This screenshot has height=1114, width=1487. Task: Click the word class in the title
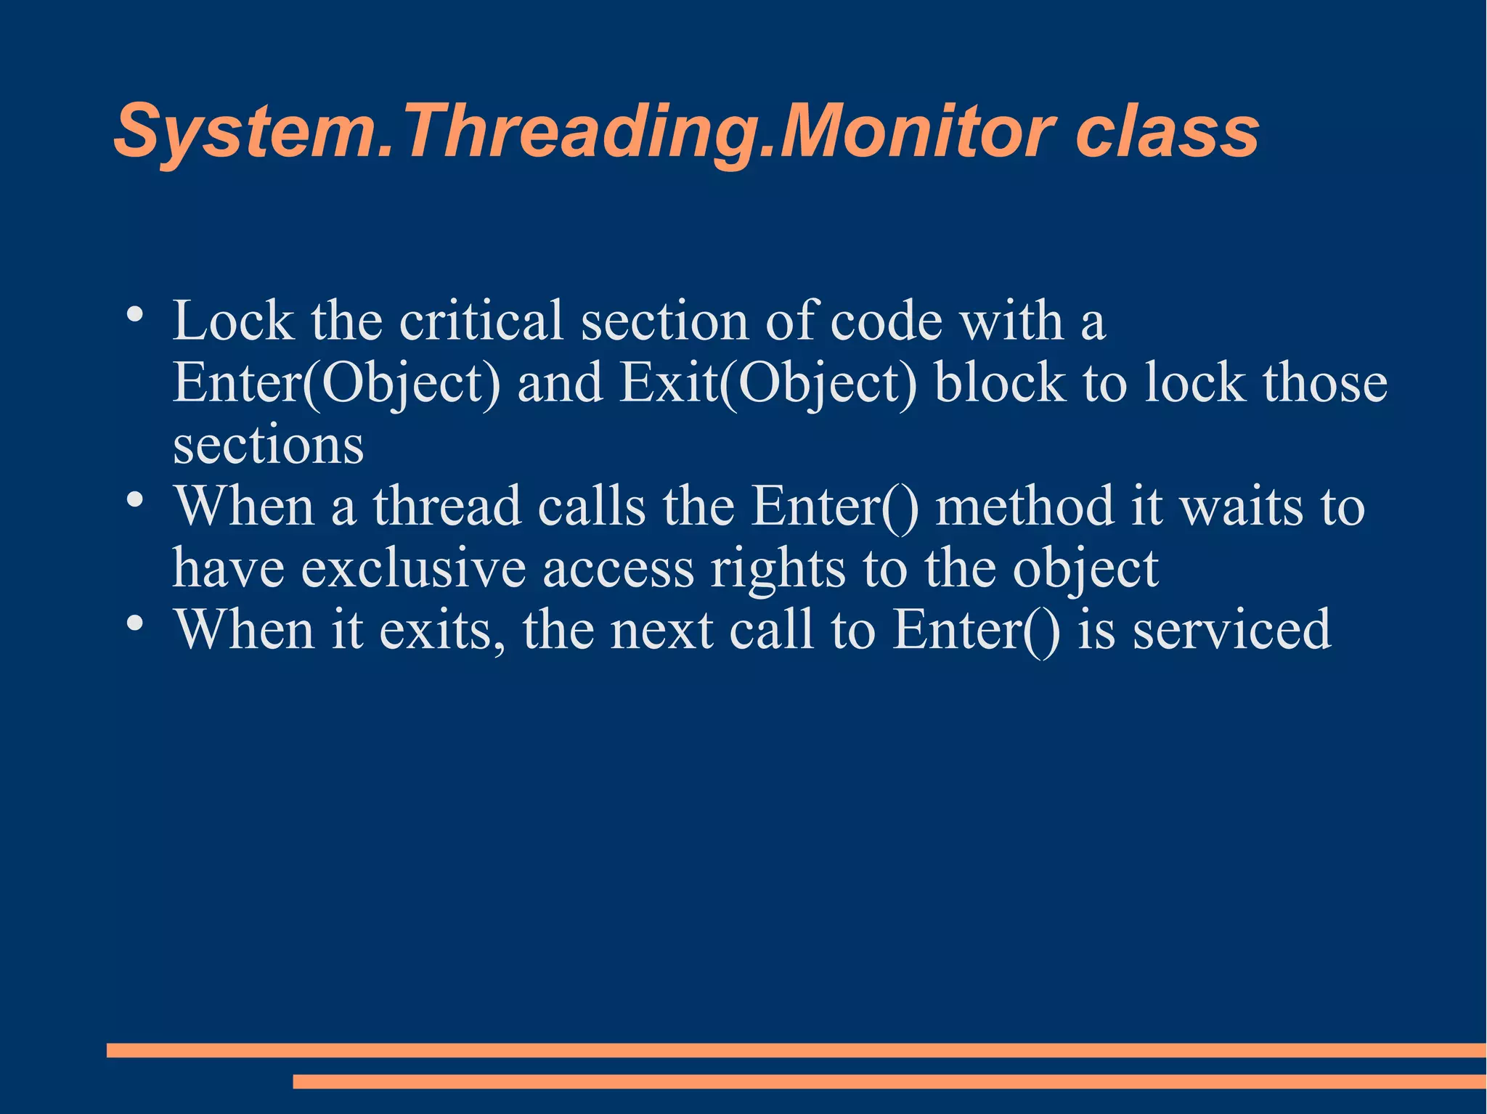tap(1167, 132)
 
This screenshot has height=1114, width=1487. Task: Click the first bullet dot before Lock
tap(134, 316)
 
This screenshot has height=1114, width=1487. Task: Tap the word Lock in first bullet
tap(233, 321)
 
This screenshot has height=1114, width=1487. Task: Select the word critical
tap(481, 321)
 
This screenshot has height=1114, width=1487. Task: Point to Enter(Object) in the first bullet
tap(336, 383)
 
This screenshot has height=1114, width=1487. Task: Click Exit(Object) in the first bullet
tap(769, 383)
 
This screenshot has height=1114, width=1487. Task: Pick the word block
tap(1000, 383)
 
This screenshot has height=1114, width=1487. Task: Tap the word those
tap(1325, 383)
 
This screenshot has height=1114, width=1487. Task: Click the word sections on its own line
tap(268, 446)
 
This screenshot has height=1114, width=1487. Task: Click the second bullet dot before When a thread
tap(134, 501)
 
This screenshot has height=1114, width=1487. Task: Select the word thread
tap(447, 506)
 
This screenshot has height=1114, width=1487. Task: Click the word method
tap(1024, 506)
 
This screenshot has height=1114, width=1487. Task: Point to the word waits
tap(1241, 506)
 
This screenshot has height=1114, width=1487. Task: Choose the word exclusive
tap(413, 568)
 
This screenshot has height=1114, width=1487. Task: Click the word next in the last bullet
tap(661, 629)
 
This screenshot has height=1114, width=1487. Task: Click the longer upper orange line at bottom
tap(796, 1050)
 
